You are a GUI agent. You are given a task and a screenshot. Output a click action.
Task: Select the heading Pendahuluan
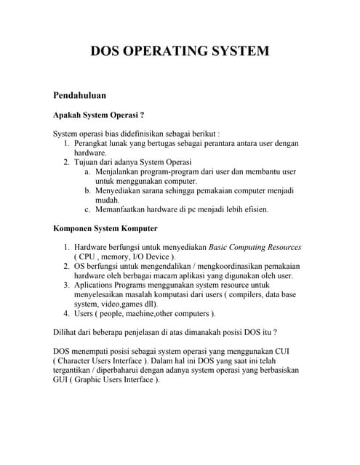coord(80,95)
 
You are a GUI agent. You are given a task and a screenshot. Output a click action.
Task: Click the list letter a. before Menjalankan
coord(87,171)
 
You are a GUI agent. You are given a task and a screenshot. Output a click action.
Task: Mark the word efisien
coord(252,209)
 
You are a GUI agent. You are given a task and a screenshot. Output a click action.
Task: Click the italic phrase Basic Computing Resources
coord(255,247)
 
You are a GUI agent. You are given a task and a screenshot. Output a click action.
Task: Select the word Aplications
coord(97,285)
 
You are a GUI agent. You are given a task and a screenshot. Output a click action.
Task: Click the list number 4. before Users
coord(66,313)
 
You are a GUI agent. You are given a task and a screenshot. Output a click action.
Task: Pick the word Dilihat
coord(68,332)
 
